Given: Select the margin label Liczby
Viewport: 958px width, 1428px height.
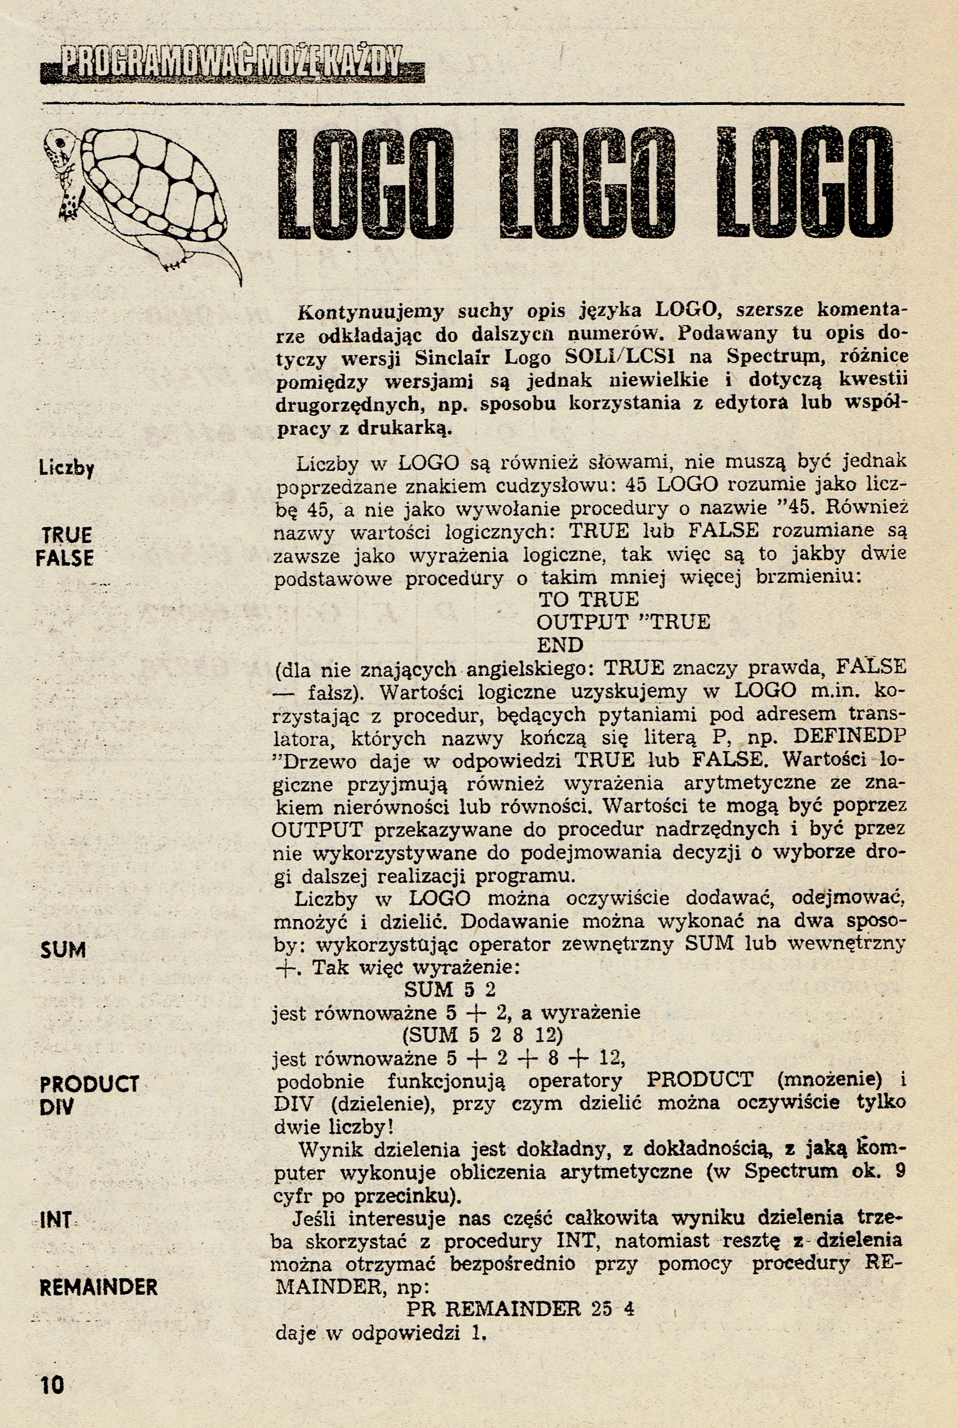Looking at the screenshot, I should (x=66, y=468).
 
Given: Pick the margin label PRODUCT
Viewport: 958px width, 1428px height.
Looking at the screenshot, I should (x=89, y=1084).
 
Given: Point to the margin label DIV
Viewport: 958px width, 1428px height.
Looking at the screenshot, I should (x=56, y=1106).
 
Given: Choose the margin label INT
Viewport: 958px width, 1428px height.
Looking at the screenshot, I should (x=55, y=1220).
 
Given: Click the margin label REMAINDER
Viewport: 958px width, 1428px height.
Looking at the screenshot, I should (x=98, y=1288).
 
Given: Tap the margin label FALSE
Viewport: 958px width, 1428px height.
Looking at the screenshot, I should (x=64, y=558).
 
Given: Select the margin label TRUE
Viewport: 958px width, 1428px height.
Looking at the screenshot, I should (x=67, y=535).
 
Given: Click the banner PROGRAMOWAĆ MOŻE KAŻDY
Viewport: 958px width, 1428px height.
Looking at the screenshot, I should (x=232, y=64).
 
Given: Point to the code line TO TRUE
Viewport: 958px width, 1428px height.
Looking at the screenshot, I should (x=588, y=599).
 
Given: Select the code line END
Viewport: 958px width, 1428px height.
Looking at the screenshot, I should (x=560, y=645).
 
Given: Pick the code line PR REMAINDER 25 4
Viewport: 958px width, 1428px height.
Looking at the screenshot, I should (x=521, y=1309).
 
